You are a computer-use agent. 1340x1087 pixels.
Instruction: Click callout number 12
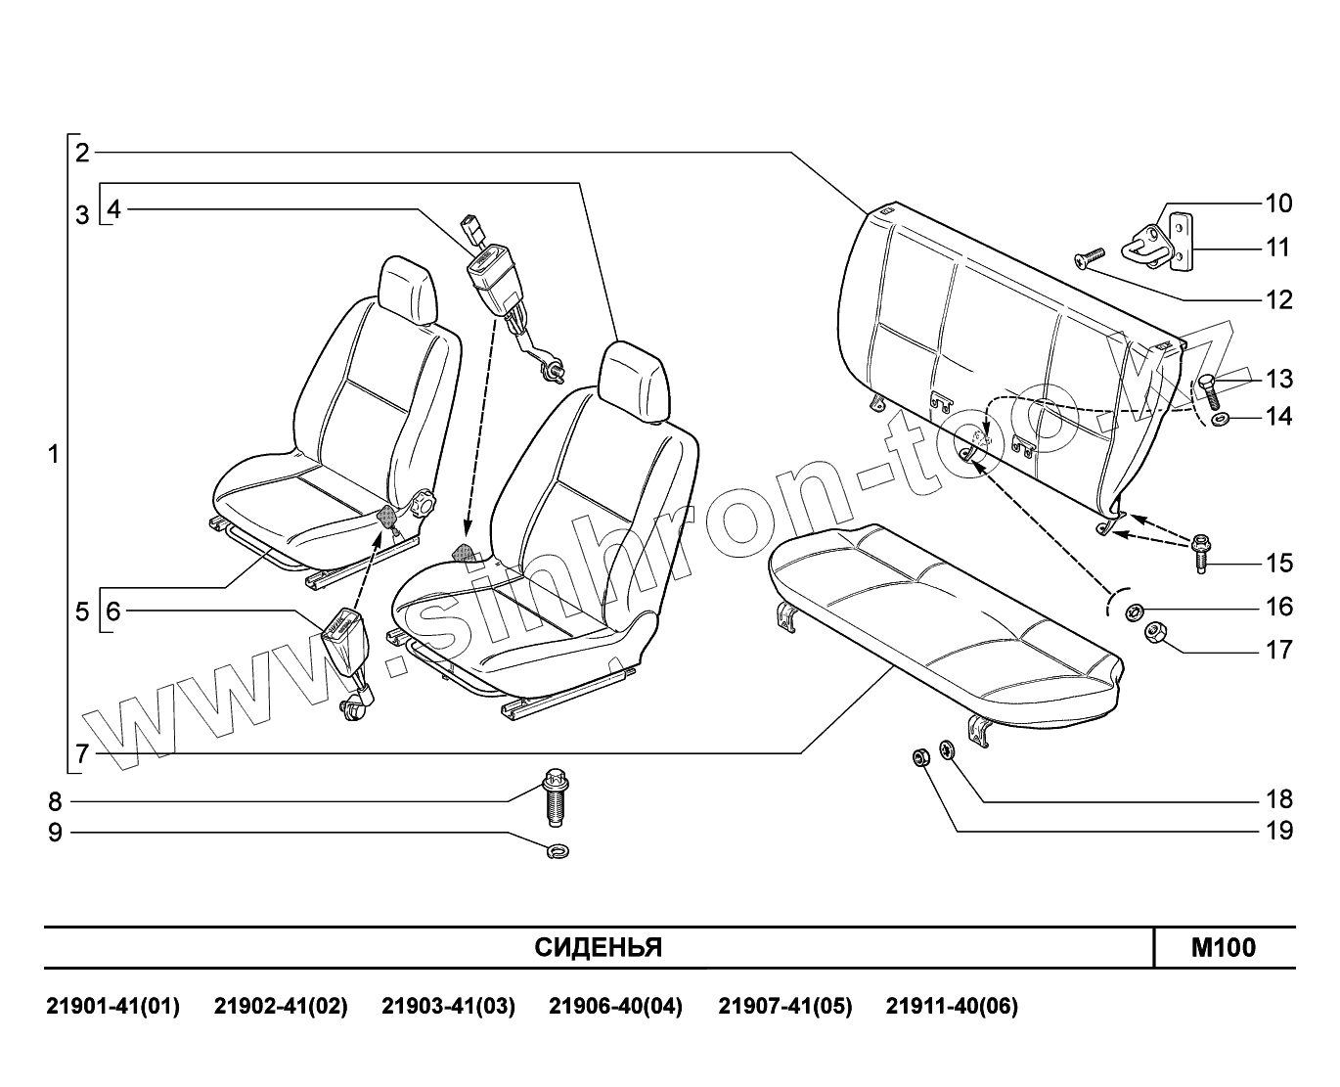1278,299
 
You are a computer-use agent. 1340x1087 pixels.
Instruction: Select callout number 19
1278,831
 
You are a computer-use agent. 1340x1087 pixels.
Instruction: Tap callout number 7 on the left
82,753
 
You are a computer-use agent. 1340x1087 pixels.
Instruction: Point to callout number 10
1278,204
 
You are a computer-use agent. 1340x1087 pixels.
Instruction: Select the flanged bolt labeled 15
1200,554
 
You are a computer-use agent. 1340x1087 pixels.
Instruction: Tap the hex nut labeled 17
1154,633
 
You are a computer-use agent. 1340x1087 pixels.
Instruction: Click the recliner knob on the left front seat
423,505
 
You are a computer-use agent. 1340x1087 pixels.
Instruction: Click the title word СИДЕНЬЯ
599,947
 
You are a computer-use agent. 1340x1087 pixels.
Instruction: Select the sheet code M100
1223,947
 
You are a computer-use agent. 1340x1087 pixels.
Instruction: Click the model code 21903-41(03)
448,1006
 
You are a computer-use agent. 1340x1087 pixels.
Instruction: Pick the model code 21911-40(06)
952,1006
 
